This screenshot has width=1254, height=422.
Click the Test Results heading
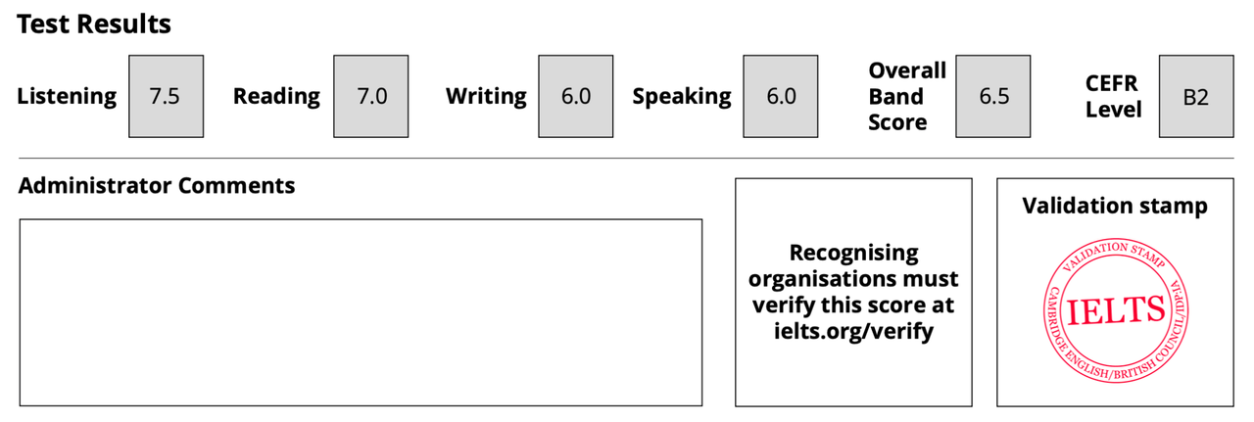94,24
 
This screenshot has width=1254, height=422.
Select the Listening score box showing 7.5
167,96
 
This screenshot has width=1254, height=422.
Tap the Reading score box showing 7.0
371,96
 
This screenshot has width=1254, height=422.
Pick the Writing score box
575,96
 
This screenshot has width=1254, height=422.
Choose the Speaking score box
781,96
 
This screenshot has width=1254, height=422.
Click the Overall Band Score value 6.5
993,96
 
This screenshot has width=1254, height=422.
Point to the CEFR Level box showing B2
1196,96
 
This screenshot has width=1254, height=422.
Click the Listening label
67,96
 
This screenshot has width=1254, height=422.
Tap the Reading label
276,96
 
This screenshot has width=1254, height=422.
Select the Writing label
486,96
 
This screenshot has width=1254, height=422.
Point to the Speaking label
682,96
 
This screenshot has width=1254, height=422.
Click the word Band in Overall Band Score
895,96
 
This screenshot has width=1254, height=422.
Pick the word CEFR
1111,83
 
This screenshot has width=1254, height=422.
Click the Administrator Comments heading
157,185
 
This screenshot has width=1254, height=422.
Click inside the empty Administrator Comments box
362,312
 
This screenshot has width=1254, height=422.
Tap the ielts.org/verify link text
853,331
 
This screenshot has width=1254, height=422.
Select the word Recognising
853,253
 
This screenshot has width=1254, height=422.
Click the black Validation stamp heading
1115,206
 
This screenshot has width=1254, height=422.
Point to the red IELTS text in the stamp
1116,311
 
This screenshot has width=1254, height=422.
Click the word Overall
907,70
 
